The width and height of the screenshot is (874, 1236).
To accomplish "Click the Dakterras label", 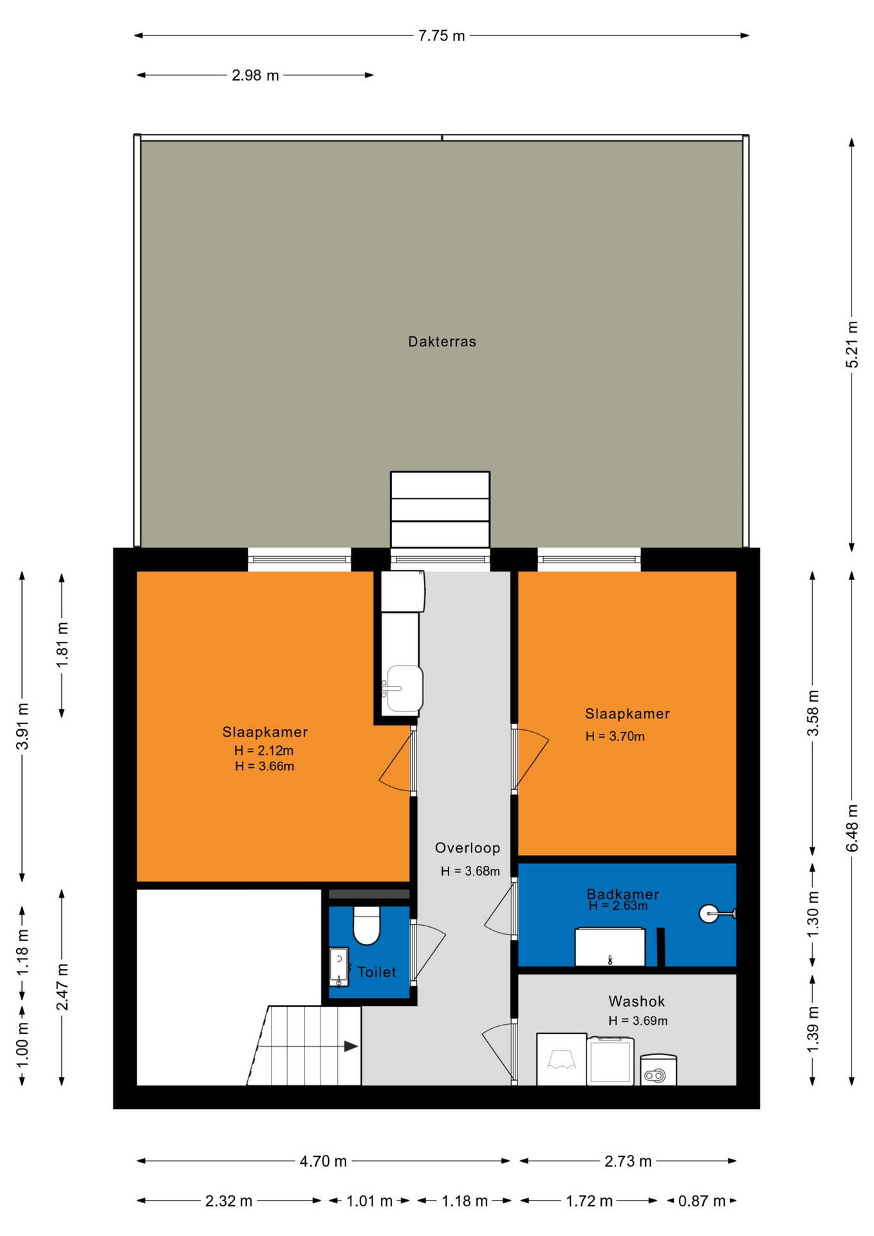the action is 442,342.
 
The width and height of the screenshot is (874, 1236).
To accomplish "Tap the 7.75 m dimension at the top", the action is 442,36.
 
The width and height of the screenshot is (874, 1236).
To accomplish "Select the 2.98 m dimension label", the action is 256,75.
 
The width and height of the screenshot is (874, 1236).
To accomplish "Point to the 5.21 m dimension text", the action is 851,344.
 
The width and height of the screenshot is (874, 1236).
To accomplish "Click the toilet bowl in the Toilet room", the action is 367,924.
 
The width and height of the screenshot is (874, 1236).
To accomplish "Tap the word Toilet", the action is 377,972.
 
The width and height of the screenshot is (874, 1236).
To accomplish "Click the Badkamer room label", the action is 622,894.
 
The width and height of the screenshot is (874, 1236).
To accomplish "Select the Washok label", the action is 637,1001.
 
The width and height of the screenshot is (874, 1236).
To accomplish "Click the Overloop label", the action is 467,848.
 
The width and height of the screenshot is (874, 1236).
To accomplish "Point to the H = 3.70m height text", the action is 615,736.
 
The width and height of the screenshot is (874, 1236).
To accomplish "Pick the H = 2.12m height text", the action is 264,750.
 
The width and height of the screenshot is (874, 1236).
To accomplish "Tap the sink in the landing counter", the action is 404,688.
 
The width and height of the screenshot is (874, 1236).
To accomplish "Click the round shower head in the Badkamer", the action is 709,913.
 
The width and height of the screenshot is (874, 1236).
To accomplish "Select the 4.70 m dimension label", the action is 323,1161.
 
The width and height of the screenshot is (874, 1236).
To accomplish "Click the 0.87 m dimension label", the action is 702,1201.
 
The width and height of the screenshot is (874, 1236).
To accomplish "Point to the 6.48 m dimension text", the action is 851,828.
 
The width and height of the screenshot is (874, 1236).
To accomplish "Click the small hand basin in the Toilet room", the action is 339,966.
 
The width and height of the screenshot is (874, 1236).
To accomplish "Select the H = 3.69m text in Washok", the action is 638,1020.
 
